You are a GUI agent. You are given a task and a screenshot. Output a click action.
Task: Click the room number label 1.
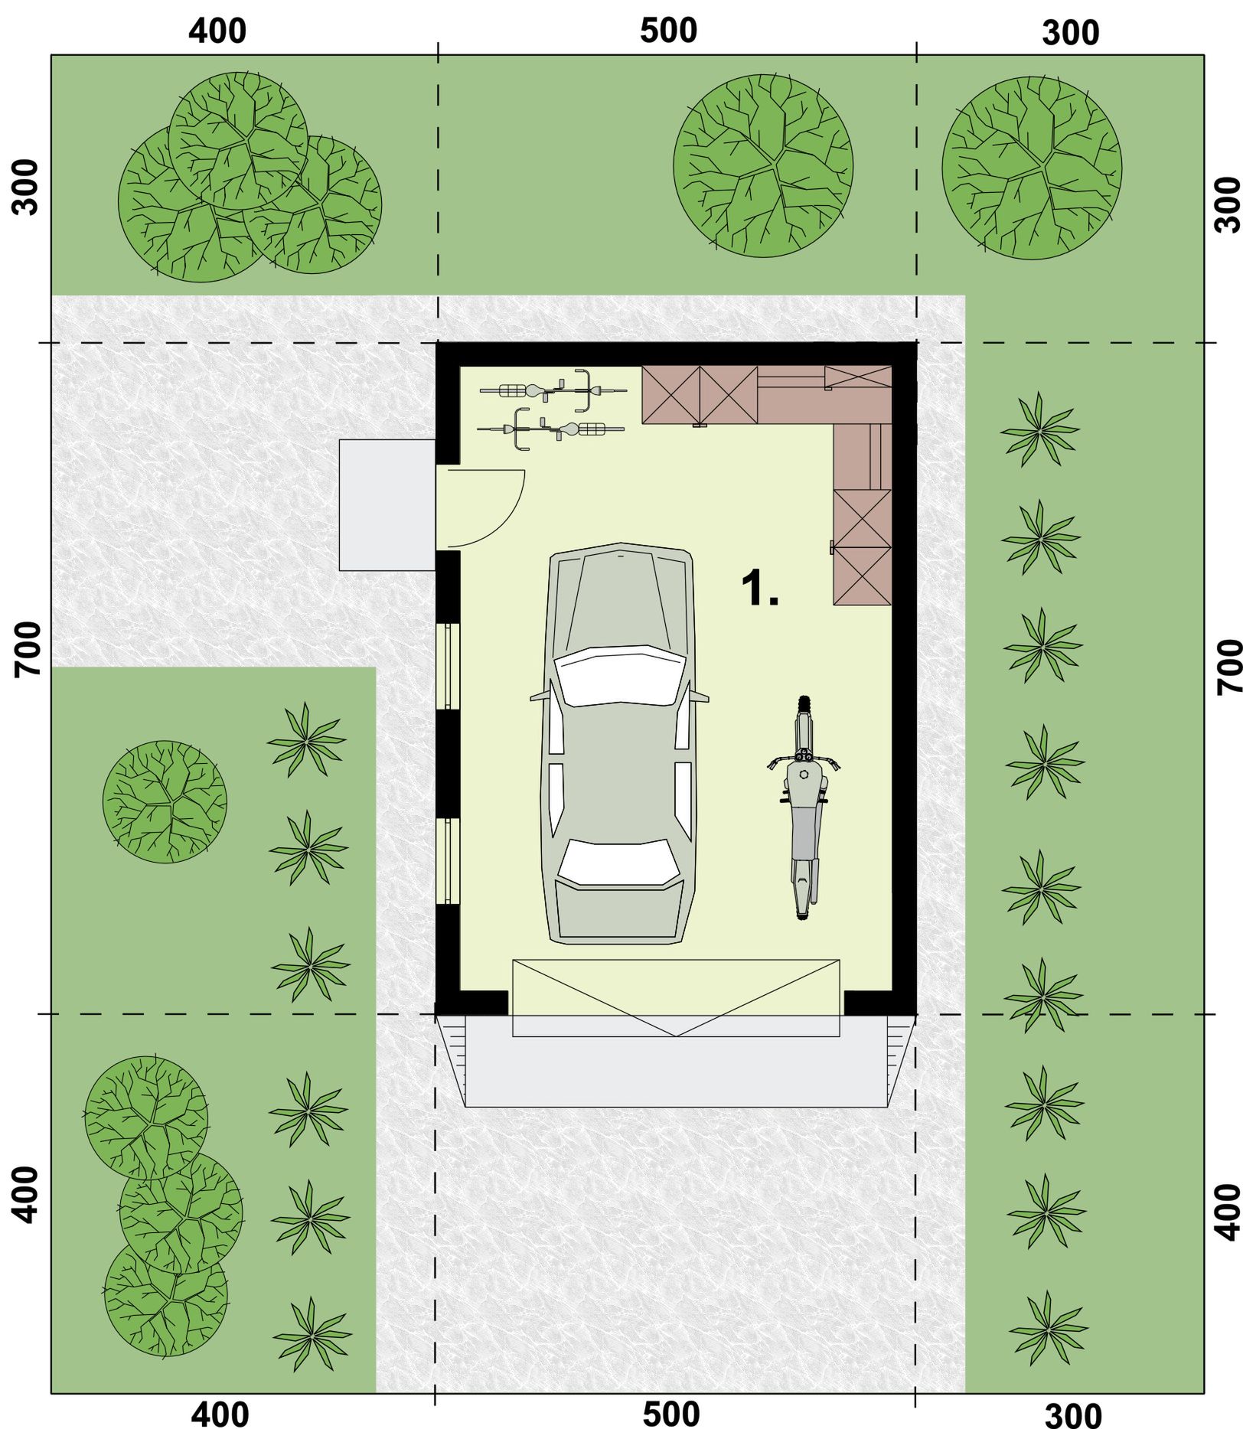coord(759,589)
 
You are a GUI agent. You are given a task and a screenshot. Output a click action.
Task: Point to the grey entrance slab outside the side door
coord(387,504)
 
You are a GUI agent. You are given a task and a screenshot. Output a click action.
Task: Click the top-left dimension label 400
coord(217,31)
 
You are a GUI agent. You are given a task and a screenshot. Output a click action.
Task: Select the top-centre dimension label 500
coord(668,31)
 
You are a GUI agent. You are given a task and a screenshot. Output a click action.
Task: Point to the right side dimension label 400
coord(1228,1212)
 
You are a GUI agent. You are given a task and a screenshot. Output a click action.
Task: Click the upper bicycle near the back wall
coord(553,390)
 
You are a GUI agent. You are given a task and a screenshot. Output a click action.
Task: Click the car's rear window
coord(617,863)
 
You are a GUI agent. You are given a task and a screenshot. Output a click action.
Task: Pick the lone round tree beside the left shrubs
coord(165,801)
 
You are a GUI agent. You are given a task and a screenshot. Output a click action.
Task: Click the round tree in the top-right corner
coord(1031,167)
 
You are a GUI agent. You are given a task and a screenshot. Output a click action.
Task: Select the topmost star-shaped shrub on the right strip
coord(1039,429)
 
